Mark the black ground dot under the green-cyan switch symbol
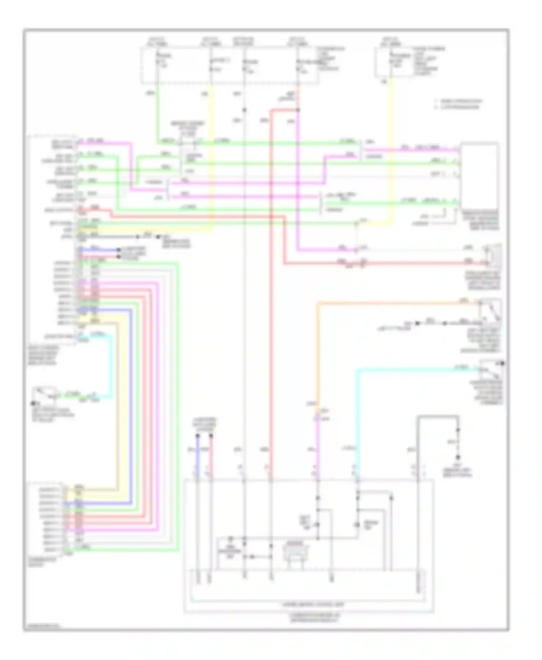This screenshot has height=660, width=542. pyautogui.click(x=33, y=403)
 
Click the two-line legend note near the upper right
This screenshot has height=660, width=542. pyautogui.click(x=459, y=104)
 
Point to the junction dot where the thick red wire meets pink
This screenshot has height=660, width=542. pyautogui.click(x=298, y=110)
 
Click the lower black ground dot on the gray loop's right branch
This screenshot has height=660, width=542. pyautogui.click(x=458, y=457)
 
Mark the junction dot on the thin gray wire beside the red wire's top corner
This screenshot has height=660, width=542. pyautogui.click(x=244, y=110)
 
